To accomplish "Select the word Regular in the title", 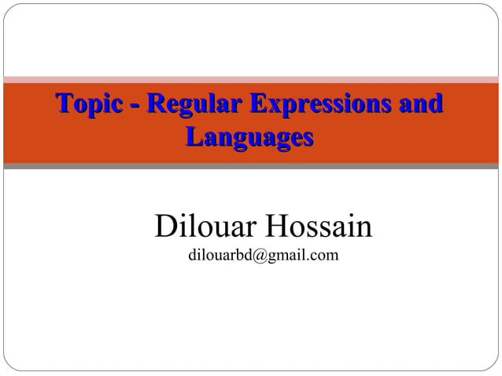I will click(x=191, y=105).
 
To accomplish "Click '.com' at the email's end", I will click(x=319, y=256).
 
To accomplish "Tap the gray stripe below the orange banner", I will click(x=251, y=166).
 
